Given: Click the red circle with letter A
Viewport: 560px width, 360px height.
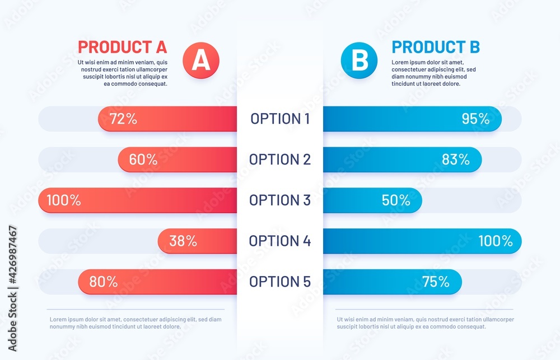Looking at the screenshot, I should [201, 60].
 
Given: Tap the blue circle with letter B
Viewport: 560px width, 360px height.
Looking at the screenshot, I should [359, 60].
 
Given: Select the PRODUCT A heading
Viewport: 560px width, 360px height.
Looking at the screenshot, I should [123, 46].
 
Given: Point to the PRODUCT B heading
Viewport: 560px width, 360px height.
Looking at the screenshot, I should [436, 46].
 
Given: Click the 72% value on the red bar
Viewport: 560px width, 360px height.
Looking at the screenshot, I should [123, 119].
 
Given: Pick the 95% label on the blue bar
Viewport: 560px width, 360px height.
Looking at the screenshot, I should [475, 119].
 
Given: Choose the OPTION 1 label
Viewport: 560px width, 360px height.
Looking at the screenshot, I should [279, 119].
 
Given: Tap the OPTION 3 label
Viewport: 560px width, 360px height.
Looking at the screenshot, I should [279, 200].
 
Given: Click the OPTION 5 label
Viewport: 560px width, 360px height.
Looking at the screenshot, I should [279, 282].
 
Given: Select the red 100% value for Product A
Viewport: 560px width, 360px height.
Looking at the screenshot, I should [63, 200].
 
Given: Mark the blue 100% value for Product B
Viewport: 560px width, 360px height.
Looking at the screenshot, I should [496, 241].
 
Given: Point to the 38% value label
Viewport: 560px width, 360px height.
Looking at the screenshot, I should [183, 241].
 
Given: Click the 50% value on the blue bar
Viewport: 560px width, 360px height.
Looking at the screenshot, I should [396, 200].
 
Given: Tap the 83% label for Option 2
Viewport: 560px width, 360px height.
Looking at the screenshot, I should [456, 160].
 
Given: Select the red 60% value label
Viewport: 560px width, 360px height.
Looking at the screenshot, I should [143, 160].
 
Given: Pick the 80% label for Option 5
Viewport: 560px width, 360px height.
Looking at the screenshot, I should [104, 282].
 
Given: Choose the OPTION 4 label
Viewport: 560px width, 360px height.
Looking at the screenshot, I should [279, 241].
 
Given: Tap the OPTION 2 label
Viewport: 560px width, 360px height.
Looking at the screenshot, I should [279, 160].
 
